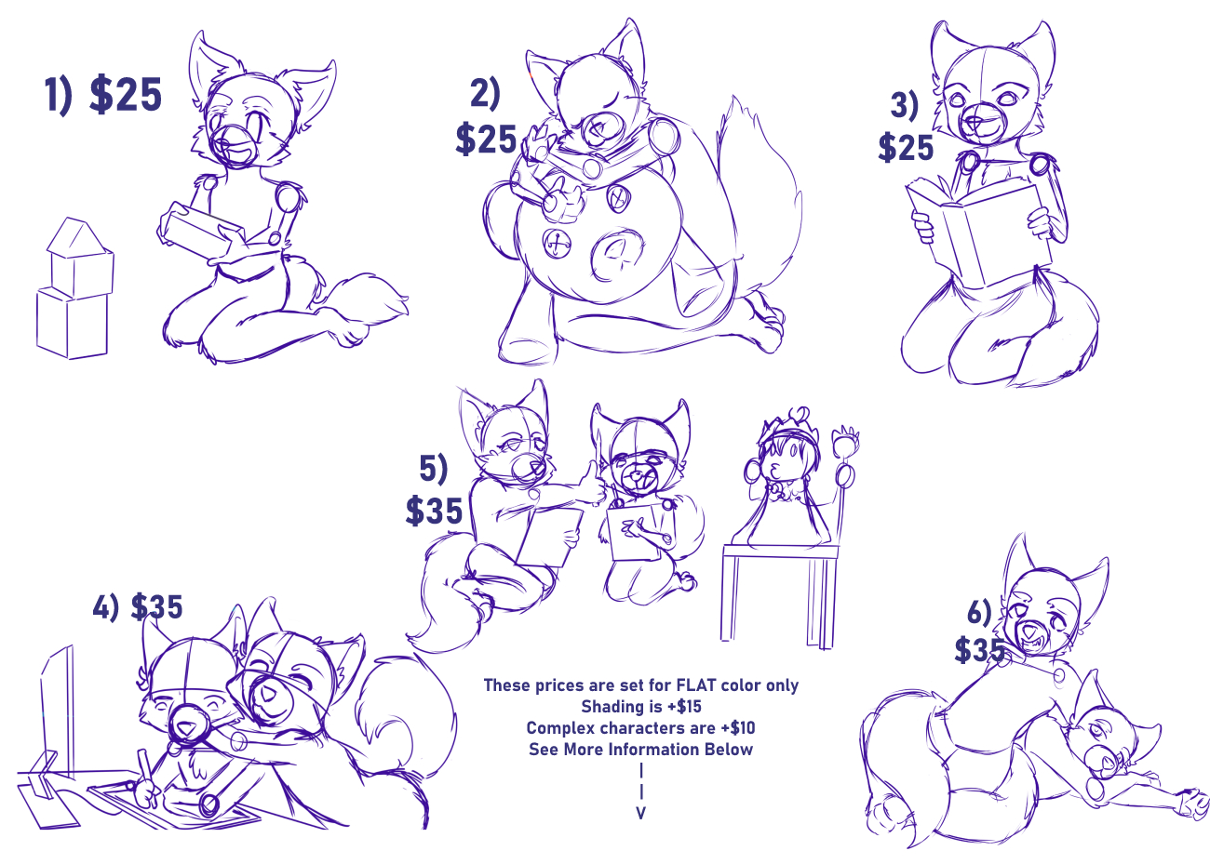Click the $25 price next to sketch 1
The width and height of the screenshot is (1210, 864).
point(126,95)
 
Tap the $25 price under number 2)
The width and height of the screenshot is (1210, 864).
point(486,140)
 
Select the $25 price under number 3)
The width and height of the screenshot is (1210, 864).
point(906,147)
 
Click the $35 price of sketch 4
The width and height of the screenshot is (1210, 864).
point(156,606)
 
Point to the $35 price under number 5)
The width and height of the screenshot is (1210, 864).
point(435,511)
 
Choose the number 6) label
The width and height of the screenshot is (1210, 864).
point(979,613)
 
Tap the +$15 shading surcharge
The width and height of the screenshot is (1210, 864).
point(685,707)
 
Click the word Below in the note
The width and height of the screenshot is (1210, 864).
point(728,749)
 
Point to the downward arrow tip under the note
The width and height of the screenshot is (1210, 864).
point(640,818)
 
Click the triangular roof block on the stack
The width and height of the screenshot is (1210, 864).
point(77,236)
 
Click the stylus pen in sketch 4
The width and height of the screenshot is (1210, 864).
point(146,773)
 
